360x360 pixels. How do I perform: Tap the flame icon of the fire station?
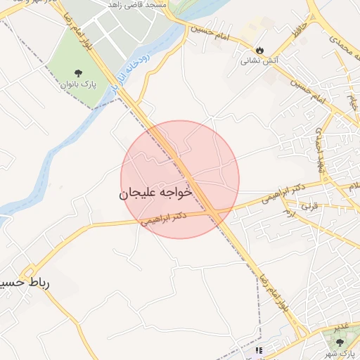tap(260, 50)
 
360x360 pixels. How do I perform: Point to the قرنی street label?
tap(309, 207)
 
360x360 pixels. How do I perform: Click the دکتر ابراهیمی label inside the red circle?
tap(164, 218)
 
